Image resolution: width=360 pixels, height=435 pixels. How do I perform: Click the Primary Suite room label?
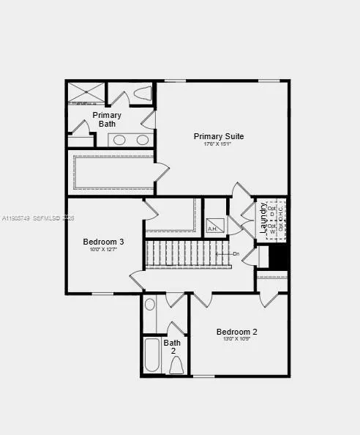[x=218, y=136]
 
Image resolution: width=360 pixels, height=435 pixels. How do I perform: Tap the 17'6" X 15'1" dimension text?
[x=218, y=144]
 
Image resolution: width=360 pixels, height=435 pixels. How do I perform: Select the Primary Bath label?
[x=107, y=119]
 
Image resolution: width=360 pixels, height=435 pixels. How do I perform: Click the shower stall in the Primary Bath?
[x=86, y=92]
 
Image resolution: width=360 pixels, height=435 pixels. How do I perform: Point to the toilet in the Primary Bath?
[x=143, y=94]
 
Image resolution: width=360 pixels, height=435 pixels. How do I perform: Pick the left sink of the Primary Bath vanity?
[x=121, y=139]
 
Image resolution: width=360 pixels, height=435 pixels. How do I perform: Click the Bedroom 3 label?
[x=103, y=242]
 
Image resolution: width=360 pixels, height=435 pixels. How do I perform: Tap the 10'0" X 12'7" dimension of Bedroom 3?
[x=103, y=250]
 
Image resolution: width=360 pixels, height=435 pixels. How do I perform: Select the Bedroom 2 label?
[x=236, y=332]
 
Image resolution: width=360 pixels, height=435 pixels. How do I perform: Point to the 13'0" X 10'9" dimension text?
[x=236, y=339]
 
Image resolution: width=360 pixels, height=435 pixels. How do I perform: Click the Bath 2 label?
[x=173, y=346]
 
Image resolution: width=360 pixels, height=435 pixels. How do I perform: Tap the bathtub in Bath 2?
[x=152, y=355]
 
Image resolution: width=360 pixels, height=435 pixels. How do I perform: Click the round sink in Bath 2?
[x=150, y=305]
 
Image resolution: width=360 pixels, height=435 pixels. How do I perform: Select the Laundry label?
[x=263, y=218]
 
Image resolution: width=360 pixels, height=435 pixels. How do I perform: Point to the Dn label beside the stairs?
[x=236, y=254]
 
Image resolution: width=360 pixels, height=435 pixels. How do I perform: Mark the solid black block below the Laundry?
[x=278, y=256]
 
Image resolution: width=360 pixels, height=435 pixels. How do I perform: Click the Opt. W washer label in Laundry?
[x=272, y=228]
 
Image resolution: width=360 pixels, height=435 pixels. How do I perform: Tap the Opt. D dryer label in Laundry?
[x=272, y=210]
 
